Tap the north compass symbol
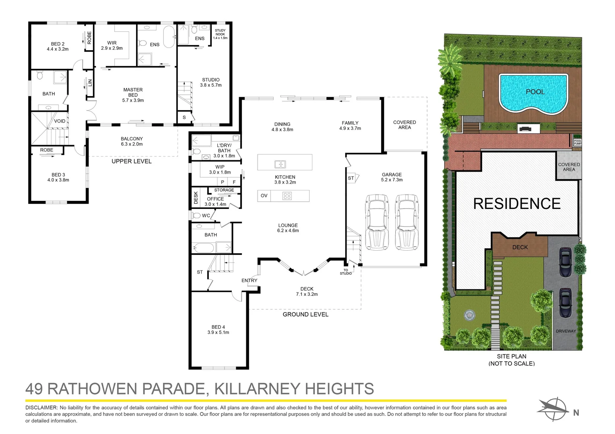[x=555, y=409]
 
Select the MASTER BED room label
[x=133, y=95]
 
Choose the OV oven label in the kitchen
[x=264, y=196]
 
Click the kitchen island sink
[x=280, y=164]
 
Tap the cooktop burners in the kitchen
[x=287, y=196]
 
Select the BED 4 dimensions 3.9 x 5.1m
[x=218, y=332]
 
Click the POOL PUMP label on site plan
[x=578, y=142]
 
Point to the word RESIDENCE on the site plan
[x=517, y=204]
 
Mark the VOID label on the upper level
[x=60, y=121]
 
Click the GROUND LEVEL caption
[x=305, y=314]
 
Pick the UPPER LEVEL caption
[x=132, y=161]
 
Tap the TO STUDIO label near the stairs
[x=346, y=272]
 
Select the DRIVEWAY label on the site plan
[x=566, y=331]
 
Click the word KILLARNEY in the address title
[x=256, y=389]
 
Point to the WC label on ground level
[x=206, y=215]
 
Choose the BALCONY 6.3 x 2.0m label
[x=132, y=141]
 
